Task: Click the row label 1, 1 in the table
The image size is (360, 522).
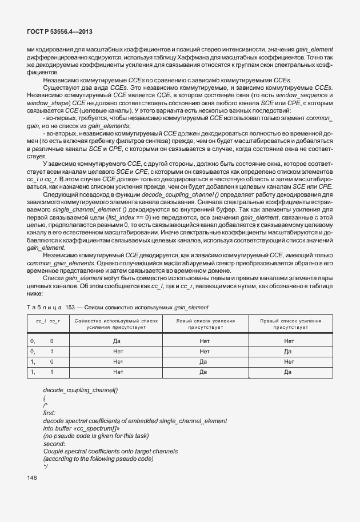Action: pos(41,372)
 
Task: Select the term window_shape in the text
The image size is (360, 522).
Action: pos(46,102)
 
